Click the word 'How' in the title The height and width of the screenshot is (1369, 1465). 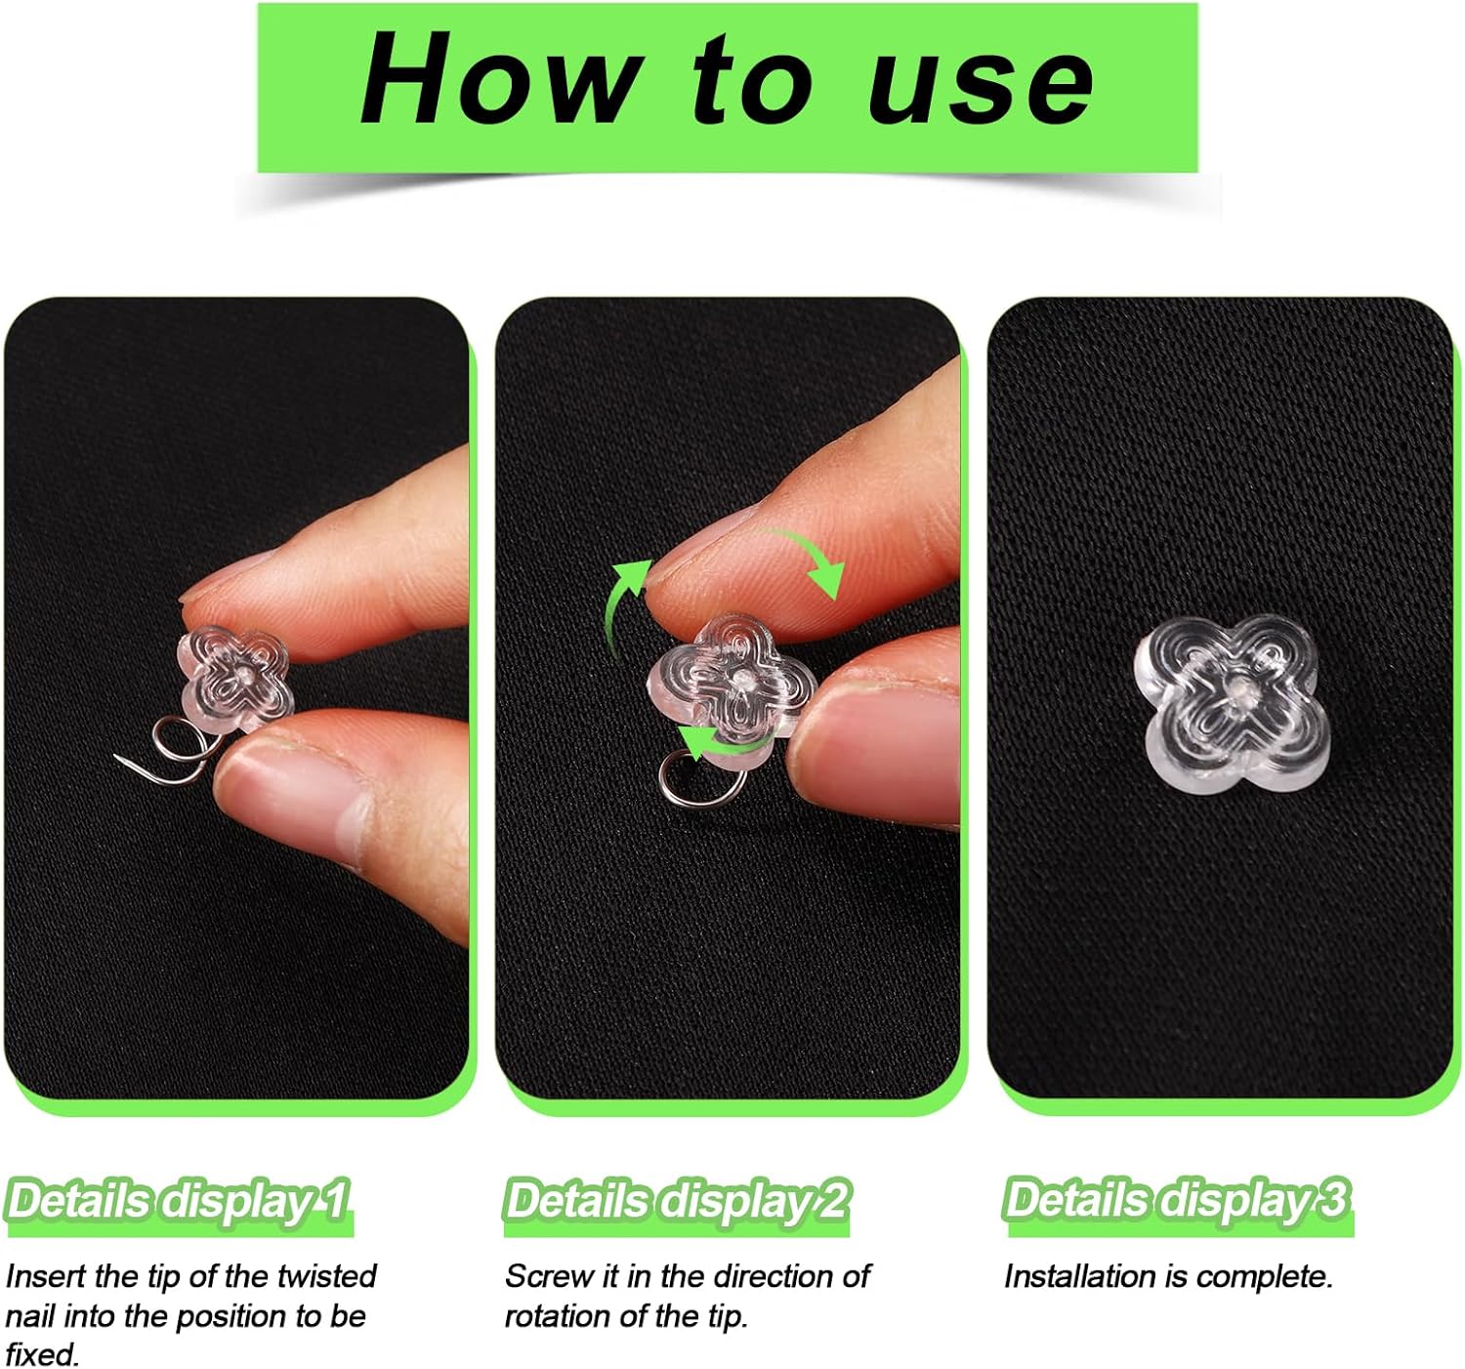coord(499,80)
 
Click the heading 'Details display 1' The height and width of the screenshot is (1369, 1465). coord(178,1200)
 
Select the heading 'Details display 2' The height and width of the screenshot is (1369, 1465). coord(676,1200)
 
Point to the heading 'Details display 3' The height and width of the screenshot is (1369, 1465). coord(1176,1200)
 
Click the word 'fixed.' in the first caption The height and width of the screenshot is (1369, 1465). coord(43,1354)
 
